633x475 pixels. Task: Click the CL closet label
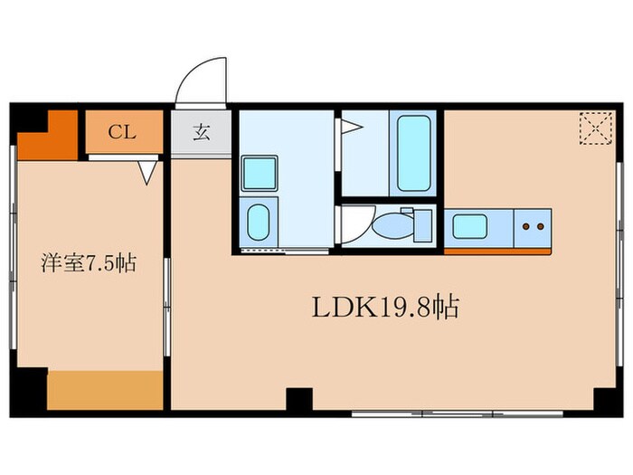click(x=123, y=133)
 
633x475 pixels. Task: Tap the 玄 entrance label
click(x=201, y=133)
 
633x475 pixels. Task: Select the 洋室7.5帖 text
click(x=88, y=264)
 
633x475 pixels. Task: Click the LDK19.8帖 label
click(x=386, y=309)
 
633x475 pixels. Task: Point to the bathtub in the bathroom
click(x=413, y=152)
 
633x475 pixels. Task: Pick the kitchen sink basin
click(x=470, y=224)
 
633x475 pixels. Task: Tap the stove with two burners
click(x=534, y=225)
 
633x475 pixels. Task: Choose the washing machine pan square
click(x=260, y=172)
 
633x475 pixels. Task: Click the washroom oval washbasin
click(x=259, y=220)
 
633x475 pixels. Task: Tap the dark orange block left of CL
click(x=47, y=137)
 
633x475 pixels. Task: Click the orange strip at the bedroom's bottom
click(x=105, y=389)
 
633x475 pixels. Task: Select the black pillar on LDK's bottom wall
click(x=298, y=399)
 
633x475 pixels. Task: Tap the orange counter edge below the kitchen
click(x=496, y=249)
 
